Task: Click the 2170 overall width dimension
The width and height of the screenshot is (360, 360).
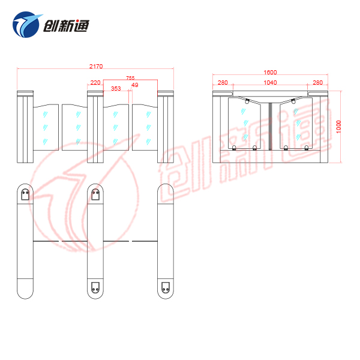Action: (96, 67)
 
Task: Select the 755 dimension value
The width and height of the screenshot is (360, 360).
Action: (130, 78)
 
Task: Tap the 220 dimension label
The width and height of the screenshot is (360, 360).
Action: (95, 82)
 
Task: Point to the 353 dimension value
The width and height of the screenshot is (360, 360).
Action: (116, 88)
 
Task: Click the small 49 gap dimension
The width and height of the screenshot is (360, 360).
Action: (135, 85)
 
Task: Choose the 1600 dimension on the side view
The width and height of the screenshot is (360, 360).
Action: (270, 73)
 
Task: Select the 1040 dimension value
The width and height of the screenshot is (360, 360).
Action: (270, 82)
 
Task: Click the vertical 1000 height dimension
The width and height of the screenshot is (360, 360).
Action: (338, 127)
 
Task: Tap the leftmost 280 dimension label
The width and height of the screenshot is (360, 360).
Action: (223, 82)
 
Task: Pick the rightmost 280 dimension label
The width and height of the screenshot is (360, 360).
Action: (318, 82)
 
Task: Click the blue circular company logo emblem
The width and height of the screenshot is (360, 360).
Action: (26, 25)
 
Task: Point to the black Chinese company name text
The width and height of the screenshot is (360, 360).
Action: (66, 26)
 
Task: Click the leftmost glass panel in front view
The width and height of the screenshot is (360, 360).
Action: (46, 127)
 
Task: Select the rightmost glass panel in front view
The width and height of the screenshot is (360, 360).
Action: (145, 127)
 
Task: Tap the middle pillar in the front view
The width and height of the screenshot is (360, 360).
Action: (95, 127)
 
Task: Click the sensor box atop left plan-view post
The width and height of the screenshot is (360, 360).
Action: (25, 194)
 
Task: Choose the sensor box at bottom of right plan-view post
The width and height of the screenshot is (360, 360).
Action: (166, 287)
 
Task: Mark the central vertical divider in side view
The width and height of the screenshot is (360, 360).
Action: (270, 126)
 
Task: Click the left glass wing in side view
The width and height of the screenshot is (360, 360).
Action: (244, 123)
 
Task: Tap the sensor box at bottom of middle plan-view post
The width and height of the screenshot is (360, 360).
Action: (95, 287)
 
